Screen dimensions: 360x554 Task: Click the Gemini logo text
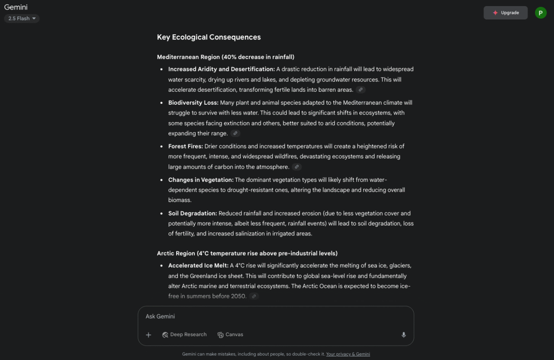pyautogui.click(x=16, y=7)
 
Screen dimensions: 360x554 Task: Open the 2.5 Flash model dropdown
pyautogui.click(x=22, y=19)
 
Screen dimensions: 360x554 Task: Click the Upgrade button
pyautogui.click(x=506, y=13)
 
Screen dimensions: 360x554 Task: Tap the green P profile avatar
pyautogui.click(x=541, y=13)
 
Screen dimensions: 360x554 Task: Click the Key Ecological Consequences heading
pyautogui.click(x=209, y=37)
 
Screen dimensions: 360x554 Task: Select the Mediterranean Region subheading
pyautogui.click(x=225, y=57)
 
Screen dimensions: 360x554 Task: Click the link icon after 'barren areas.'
pyautogui.click(x=361, y=90)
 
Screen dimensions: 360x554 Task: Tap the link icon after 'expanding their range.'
pyautogui.click(x=235, y=133)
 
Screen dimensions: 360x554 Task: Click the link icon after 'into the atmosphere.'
pyautogui.click(x=296, y=167)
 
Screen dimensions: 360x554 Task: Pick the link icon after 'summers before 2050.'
pyautogui.click(x=254, y=296)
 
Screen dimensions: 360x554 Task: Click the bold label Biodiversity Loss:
pyautogui.click(x=193, y=103)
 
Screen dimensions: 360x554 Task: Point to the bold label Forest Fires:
pyautogui.click(x=185, y=146)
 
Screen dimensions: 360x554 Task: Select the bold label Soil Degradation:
pyautogui.click(x=192, y=213)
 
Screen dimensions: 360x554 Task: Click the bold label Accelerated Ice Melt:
pyautogui.click(x=198, y=265)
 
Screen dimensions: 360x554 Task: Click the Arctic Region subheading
pyautogui.click(x=247, y=253)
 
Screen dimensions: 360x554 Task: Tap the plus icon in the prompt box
pyautogui.click(x=148, y=335)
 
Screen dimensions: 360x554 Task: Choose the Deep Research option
pyautogui.click(x=184, y=334)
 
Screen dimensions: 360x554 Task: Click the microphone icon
pyautogui.click(x=404, y=335)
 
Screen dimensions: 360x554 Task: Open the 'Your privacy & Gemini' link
pyautogui.click(x=348, y=354)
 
